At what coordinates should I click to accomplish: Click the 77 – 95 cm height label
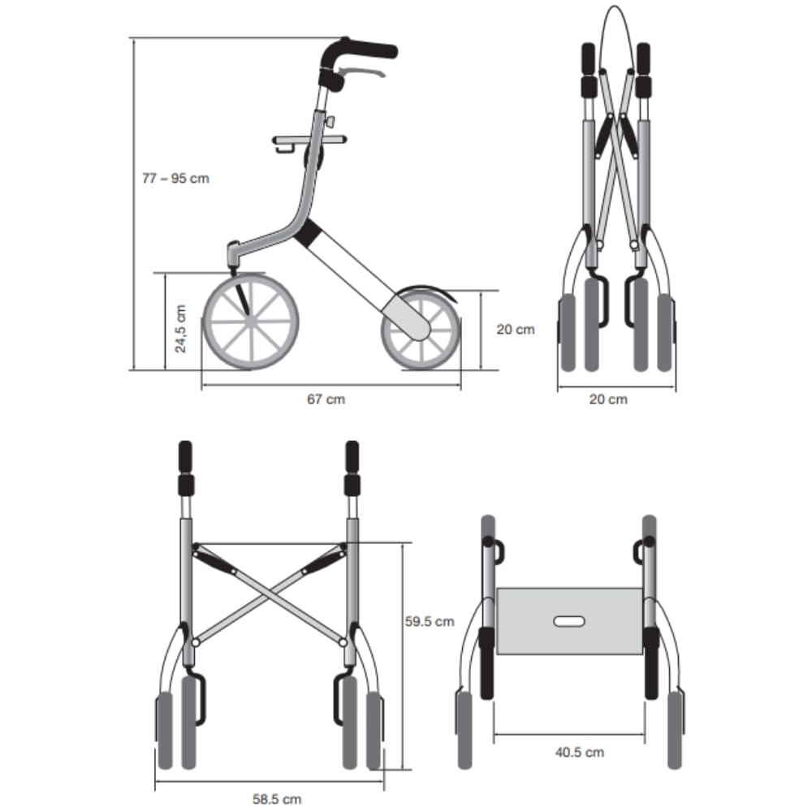175,178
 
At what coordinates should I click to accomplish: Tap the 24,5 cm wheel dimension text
180,329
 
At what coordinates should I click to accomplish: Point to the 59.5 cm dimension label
429,622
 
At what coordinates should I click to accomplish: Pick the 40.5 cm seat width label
579,752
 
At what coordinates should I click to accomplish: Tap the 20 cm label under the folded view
607,399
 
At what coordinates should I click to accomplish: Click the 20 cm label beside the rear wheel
516,330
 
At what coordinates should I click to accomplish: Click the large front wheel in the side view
251,322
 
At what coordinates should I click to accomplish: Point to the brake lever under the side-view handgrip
365,74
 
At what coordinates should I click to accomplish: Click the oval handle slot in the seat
568,622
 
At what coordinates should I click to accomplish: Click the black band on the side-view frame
309,235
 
